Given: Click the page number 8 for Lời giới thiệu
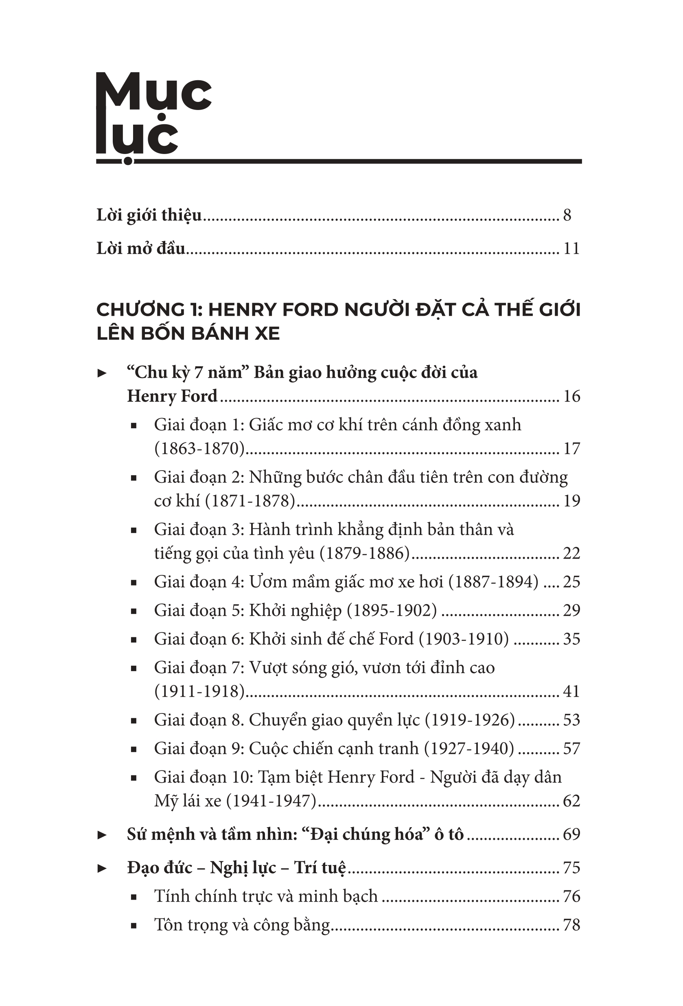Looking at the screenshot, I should click(x=567, y=215).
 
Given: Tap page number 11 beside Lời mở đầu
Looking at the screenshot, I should click(x=571, y=249).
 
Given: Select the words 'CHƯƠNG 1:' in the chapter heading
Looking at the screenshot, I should click(x=151, y=310).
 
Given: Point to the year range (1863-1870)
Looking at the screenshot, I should click(x=200, y=449).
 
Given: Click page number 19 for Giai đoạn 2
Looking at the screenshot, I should click(x=571, y=501).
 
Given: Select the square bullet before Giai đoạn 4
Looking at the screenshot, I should click(x=134, y=583).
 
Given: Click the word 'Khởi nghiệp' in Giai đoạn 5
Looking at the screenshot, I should click(x=296, y=611).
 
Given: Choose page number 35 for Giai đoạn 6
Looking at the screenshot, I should click(x=571, y=639).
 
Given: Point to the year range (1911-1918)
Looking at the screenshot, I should click(x=200, y=691).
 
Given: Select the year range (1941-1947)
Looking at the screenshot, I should click(x=272, y=801).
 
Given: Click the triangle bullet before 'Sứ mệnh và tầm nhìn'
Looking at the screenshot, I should click(x=102, y=835).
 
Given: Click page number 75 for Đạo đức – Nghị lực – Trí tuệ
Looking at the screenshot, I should click(x=571, y=868).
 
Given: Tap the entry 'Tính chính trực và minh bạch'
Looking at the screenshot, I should click(x=266, y=896).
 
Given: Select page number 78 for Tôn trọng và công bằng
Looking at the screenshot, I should click(x=571, y=925).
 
